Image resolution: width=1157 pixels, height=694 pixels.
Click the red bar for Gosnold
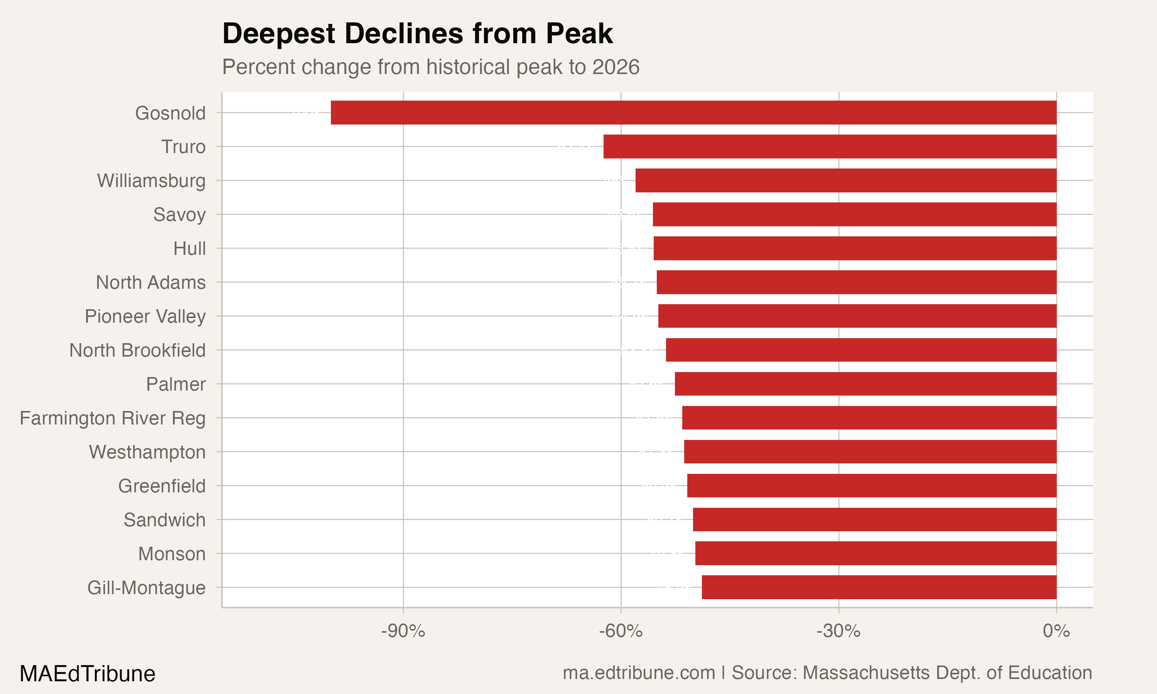point(693,112)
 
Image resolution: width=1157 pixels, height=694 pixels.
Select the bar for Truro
point(830,147)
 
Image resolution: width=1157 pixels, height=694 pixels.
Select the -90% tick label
point(403,631)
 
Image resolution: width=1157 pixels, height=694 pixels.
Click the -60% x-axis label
point(621,631)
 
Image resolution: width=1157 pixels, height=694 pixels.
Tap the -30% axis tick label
point(838,631)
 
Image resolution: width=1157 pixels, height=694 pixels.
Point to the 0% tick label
point(1056,631)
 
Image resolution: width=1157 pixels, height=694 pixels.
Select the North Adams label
point(150,283)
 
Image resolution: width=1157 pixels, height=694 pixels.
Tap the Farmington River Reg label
point(112,418)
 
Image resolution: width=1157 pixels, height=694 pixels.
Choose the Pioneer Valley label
point(145,317)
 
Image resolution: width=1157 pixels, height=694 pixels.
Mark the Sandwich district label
point(164,520)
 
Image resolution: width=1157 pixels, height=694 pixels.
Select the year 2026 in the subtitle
point(616,67)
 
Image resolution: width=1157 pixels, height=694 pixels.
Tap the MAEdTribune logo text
point(88,674)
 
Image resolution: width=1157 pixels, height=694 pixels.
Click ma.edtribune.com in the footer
point(638,673)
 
